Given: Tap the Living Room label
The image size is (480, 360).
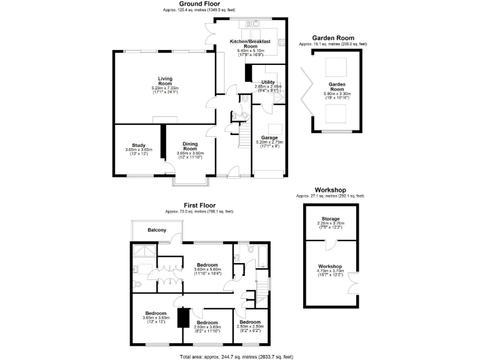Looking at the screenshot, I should click(165, 81).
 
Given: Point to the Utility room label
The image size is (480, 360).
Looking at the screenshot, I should click(268, 82).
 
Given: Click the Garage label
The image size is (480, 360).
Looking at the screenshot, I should click(270, 137).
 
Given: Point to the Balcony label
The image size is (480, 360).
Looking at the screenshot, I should click(157, 231).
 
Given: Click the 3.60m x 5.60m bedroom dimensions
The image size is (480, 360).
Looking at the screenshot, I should click(207, 269).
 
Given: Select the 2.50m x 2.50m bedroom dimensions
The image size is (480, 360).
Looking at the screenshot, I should click(250, 326).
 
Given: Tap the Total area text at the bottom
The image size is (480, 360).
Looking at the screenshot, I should click(236, 356).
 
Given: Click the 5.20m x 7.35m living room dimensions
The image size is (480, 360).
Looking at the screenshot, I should click(165, 88).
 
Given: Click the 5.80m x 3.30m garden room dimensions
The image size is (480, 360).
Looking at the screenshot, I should click(337, 94).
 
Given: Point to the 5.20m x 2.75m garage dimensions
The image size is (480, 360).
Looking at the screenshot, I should click(270, 142).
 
